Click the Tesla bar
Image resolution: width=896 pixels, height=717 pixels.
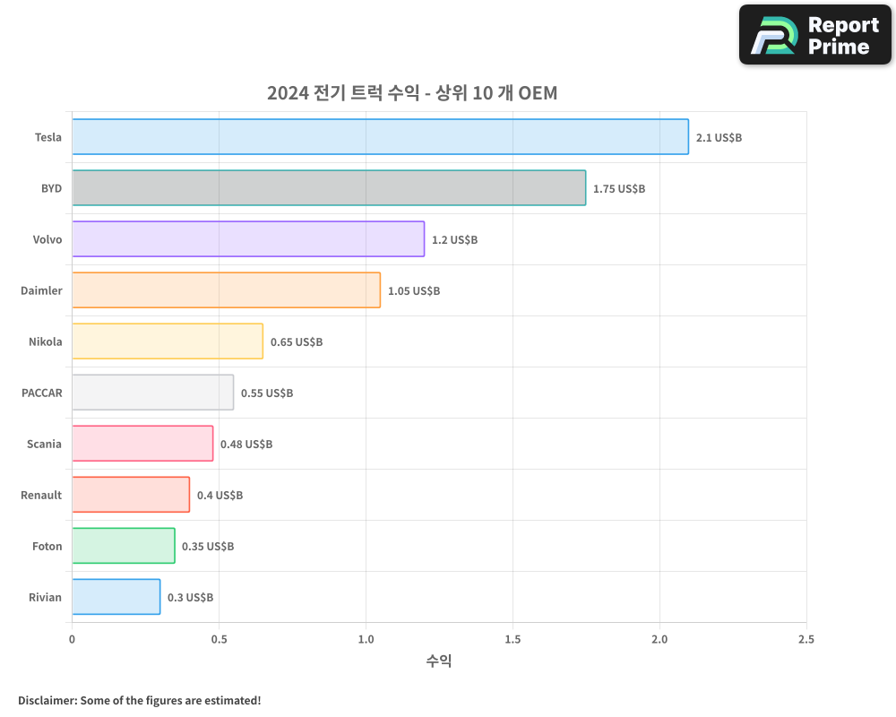[x=380, y=137]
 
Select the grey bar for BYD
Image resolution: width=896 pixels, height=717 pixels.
[x=329, y=188]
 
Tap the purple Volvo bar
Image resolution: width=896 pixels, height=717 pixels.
[x=248, y=239]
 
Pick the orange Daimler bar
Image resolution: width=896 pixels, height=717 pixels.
[x=226, y=290]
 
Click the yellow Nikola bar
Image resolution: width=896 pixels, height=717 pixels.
[x=168, y=341]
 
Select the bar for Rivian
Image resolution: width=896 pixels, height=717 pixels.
[x=116, y=597]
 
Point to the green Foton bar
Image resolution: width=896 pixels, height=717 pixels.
[x=124, y=546]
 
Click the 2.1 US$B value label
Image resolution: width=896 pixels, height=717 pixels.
[x=719, y=138]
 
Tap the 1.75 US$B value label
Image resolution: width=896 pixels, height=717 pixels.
[x=619, y=189]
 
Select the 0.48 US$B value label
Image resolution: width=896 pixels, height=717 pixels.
[x=246, y=445]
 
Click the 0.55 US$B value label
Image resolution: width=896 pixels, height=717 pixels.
[x=267, y=393]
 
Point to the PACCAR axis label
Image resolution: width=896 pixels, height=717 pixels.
[x=42, y=393]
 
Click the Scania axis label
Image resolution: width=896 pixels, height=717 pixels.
[x=44, y=444]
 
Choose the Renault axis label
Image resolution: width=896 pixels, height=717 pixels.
[x=41, y=495]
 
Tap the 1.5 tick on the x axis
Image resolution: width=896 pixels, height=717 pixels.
[x=513, y=639]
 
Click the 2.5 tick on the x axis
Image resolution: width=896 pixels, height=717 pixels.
[x=806, y=639]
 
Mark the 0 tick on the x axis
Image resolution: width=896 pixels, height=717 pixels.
[x=72, y=639]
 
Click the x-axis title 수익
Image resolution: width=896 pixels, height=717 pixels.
[x=439, y=661]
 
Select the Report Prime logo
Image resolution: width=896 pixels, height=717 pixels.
[x=814, y=35]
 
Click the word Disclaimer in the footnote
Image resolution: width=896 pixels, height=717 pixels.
[x=47, y=700]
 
